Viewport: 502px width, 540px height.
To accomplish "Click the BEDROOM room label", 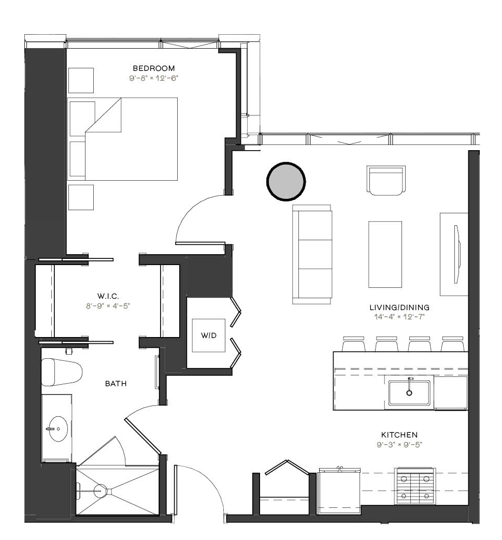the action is click(x=154, y=68).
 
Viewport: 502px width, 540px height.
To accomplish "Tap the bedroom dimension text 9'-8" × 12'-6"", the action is click(x=153, y=78).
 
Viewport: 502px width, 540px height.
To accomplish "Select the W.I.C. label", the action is click(x=108, y=296).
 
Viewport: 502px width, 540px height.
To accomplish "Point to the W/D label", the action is click(x=209, y=335).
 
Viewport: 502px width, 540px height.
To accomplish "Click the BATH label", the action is click(x=116, y=383).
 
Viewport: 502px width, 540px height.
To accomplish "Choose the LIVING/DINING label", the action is click(x=399, y=307).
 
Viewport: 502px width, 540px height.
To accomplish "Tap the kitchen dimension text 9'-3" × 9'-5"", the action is click(x=399, y=445).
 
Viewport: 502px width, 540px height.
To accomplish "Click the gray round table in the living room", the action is click(x=286, y=181).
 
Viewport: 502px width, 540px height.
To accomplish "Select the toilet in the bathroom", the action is click(x=62, y=372).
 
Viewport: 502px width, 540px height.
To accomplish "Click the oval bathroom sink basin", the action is click(x=58, y=429).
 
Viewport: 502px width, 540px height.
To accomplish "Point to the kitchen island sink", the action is click(x=409, y=392).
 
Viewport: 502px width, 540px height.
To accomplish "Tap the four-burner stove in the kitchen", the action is click(x=415, y=486).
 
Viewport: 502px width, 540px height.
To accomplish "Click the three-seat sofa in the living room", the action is click(x=312, y=255).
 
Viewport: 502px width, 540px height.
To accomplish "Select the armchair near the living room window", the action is click(x=386, y=180).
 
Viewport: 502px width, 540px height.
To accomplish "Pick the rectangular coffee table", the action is click(x=385, y=254).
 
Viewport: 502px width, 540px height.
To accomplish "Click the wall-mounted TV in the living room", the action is click(x=457, y=254).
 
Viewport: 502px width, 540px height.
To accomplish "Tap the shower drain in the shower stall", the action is click(x=101, y=490).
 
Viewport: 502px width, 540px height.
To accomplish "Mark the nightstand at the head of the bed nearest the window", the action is click(x=81, y=81).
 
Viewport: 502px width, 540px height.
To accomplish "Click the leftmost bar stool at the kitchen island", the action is click(x=353, y=344).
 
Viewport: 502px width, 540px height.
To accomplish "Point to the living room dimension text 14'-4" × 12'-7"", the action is click(x=399, y=317).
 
